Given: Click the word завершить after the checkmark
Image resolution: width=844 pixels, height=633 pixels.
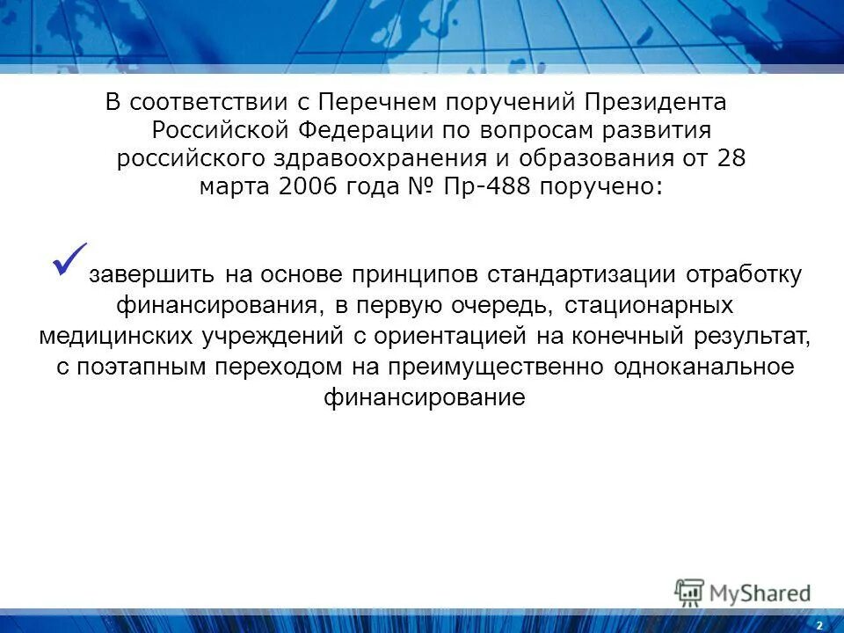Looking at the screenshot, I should click(151, 274).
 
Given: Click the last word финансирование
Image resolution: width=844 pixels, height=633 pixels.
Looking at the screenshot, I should click(423, 397).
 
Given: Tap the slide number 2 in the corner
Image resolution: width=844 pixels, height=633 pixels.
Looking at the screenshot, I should click(819, 624).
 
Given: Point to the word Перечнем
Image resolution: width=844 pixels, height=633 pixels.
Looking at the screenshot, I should click(368, 102).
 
